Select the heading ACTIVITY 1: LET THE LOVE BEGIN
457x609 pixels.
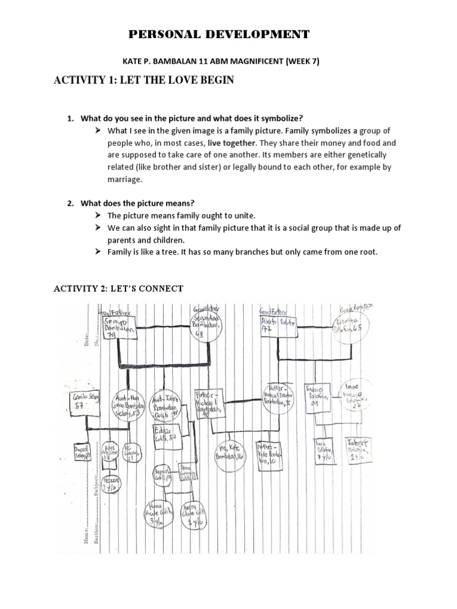[x=143, y=80]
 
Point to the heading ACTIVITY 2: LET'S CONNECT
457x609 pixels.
[x=118, y=288]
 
